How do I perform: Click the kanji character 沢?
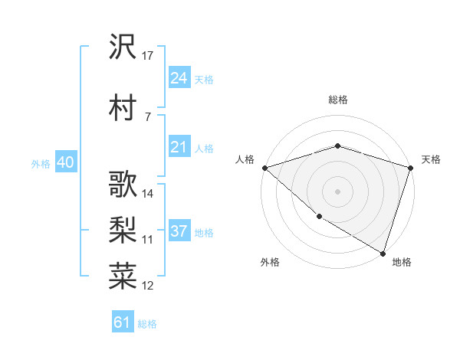[123, 47]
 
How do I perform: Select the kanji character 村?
[123, 107]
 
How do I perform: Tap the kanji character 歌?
[123, 184]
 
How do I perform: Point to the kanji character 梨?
[123, 229]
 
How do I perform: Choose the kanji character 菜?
[123, 276]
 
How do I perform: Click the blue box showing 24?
[179, 78]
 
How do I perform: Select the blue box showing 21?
[179, 147]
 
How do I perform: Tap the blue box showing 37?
[179, 231]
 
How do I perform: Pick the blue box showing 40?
[65, 162]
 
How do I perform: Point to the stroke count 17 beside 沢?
[148, 55]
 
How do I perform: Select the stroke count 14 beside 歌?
[148, 193]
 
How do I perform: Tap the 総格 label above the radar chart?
[338, 100]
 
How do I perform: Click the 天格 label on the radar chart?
[431, 159]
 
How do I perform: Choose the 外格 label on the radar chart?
[270, 262]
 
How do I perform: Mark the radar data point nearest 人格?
[264, 168]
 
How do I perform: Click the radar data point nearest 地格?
[383, 253]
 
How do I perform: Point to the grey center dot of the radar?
[337, 191]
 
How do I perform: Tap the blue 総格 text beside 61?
[147, 324]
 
